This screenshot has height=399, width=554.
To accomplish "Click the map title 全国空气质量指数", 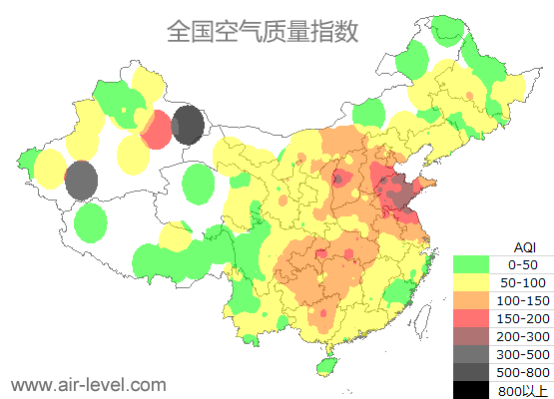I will point(263,32).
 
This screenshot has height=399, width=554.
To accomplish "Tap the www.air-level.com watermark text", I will point(88,383).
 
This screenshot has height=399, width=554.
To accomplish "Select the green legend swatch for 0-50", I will point(471,264).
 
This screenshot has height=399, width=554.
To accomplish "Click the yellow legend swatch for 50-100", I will point(471,282).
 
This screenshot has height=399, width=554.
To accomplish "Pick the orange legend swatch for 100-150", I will point(471,300).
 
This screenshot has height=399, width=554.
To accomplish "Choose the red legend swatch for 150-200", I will point(471,318).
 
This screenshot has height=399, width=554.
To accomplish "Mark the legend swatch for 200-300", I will point(471,336).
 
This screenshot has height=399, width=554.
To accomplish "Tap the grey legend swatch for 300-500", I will point(471,354).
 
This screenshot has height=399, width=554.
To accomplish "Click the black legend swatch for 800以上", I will point(471,389).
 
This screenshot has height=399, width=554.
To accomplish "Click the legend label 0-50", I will point(523,264).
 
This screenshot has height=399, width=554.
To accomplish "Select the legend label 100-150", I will point(523,300).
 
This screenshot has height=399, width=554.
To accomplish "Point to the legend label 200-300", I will point(523,336).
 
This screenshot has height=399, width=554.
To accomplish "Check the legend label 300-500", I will point(523,354).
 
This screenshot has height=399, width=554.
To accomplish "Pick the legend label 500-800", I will point(523,372).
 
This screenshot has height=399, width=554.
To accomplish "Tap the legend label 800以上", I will point(523,389).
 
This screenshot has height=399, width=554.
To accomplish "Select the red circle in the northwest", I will point(156,130).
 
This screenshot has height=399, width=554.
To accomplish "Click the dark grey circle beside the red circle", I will point(188,126).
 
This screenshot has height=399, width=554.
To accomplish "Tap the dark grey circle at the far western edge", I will point(81,181).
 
